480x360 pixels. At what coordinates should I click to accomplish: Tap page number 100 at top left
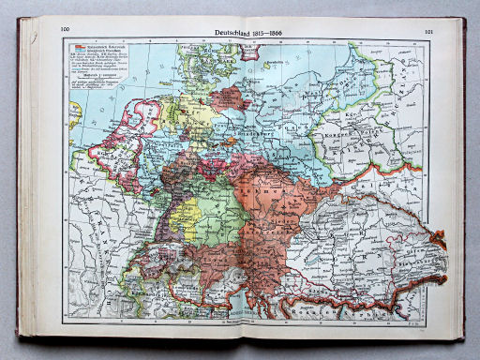click(67, 31)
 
